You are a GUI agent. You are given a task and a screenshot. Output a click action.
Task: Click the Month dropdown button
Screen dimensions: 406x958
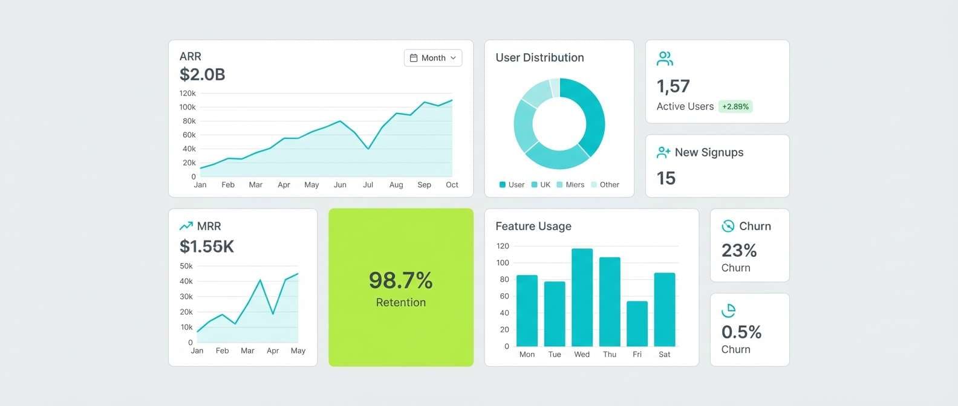click(432, 58)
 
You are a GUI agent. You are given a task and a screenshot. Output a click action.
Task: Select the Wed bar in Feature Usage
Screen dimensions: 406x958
click(582, 297)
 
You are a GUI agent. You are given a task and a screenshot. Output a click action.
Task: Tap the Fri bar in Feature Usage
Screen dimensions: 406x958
click(637, 323)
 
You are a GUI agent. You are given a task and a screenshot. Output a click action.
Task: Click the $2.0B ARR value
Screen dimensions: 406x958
click(202, 74)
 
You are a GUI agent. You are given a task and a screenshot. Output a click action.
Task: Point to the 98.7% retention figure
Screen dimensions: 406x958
click(400, 280)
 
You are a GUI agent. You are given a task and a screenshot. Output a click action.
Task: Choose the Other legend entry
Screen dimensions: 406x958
click(605, 185)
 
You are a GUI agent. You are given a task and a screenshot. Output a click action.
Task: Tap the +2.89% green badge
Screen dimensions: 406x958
click(735, 107)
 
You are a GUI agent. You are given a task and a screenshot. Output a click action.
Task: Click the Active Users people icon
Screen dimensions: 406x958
click(665, 59)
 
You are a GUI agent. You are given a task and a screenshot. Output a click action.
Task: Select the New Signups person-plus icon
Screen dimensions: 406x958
click(663, 153)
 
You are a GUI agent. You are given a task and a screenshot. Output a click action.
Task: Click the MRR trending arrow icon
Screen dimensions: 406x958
click(186, 227)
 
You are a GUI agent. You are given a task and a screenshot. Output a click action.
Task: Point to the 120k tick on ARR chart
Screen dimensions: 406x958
click(187, 94)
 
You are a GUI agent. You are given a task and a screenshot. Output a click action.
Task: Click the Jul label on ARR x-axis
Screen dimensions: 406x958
click(368, 185)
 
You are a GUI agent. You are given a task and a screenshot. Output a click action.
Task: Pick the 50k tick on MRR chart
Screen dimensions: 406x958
click(186, 266)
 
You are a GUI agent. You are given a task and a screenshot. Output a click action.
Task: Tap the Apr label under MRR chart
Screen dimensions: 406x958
click(273, 350)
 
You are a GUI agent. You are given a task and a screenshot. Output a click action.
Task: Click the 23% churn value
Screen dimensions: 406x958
click(739, 250)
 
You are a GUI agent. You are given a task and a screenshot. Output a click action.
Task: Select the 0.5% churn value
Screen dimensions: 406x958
click(741, 332)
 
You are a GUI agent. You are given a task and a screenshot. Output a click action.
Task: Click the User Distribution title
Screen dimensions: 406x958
click(539, 58)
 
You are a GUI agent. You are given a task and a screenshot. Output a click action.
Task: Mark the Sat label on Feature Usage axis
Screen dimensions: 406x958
click(664, 355)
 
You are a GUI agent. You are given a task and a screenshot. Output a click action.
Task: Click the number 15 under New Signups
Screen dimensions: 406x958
click(666, 178)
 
